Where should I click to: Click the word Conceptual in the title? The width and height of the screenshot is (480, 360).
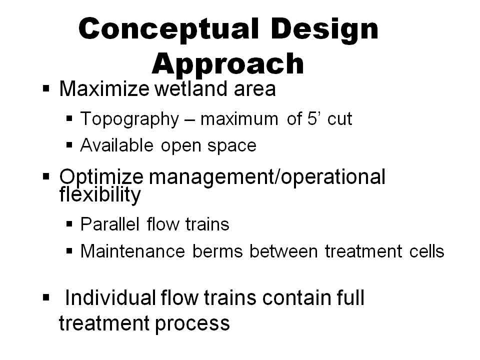click(168, 29)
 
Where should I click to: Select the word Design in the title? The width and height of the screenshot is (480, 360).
click(324, 29)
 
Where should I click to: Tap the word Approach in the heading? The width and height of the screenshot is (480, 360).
click(228, 65)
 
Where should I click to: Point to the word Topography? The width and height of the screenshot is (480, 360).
click(129, 119)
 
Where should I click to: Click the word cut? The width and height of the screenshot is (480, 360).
click(339, 119)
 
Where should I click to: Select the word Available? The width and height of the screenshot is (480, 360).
click(116, 145)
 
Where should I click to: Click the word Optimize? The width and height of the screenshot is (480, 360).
click(101, 177)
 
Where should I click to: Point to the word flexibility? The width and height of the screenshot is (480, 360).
click(100, 194)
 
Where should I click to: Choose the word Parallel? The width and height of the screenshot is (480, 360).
click(110, 224)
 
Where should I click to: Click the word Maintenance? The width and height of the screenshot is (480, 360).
click(132, 251)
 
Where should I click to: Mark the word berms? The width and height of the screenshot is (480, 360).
click(217, 251)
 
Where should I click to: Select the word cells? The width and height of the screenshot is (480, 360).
click(426, 251)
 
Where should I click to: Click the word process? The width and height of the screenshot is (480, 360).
click(192, 324)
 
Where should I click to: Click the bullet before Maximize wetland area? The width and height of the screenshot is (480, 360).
click(46, 89)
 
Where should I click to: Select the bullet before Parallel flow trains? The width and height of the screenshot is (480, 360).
click(69, 224)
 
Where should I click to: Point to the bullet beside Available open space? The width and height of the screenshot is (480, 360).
click(69, 145)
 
